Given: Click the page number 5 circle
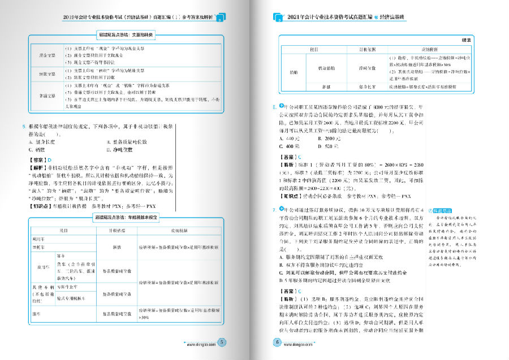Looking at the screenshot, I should tap(222, 342).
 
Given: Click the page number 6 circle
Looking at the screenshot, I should tap(277, 342).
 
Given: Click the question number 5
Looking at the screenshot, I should tap(23, 127).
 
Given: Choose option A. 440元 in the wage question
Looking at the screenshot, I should tap(290, 138).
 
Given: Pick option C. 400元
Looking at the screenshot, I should tap(290, 146).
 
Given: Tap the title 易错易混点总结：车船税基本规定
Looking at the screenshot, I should tap(126, 217).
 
